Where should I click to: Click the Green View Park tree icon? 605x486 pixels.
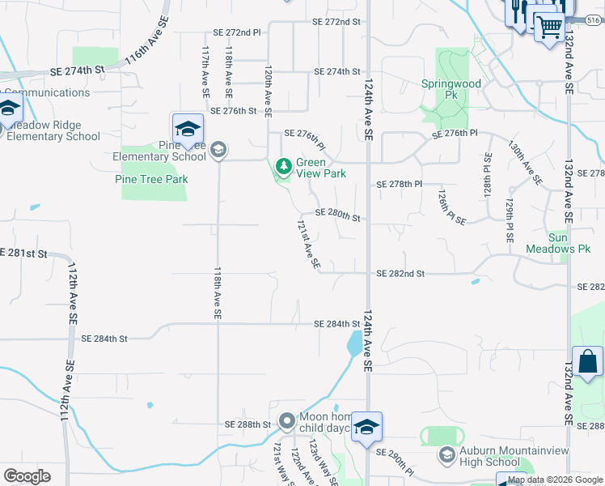click(x=283, y=167)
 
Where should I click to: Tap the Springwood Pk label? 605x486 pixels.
click(x=451, y=89)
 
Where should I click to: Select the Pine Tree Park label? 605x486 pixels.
click(x=151, y=179)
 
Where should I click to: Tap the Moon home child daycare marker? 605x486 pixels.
click(x=286, y=421)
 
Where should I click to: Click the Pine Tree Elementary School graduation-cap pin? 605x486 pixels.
click(x=187, y=129)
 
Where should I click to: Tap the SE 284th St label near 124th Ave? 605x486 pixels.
click(x=336, y=325)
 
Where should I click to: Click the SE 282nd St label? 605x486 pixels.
click(x=400, y=274)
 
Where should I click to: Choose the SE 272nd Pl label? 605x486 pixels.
click(x=237, y=32)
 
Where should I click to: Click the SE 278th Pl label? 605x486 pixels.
click(x=400, y=185)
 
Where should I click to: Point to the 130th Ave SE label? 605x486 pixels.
click(x=525, y=161)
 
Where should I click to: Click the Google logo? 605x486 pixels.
click(x=27, y=475)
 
